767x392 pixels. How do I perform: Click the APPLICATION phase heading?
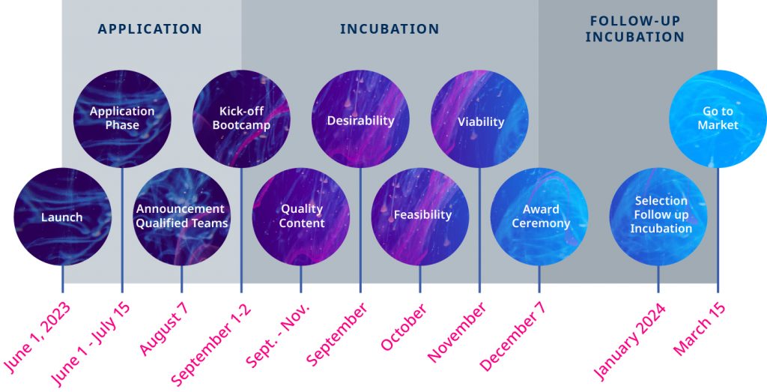point(150,29)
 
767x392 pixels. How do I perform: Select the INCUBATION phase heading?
point(389,29)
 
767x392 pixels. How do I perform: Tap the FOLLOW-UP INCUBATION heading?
point(635,29)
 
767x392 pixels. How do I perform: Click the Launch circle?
point(62,217)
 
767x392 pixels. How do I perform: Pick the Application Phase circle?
point(122,118)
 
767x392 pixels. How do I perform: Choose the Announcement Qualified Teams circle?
point(181,217)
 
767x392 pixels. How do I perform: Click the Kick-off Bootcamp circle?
point(241,118)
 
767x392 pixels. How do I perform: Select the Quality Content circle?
point(301,217)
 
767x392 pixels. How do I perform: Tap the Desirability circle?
point(360,118)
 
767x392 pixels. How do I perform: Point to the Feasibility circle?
point(420,217)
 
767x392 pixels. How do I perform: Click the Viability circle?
point(479,118)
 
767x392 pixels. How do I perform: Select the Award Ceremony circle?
point(539,217)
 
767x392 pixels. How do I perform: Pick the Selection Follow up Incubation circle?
point(658,217)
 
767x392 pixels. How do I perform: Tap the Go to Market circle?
point(718,118)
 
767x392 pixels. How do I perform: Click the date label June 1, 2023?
point(37,338)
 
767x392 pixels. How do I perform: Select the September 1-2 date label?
point(210,344)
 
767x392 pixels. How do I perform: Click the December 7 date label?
point(512,337)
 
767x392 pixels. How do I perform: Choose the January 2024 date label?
point(629,341)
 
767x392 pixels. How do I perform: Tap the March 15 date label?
point(699,328)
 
